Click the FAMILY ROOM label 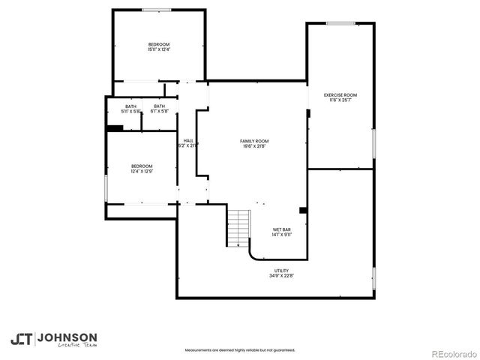[x=254, y=143]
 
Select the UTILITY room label [x=281, y=273]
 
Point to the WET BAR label [x=281, y=232]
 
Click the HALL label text [x=188, y=143]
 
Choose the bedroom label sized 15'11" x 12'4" [x=158, y=47]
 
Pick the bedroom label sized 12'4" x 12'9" [x=142, y=169]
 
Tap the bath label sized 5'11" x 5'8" [x=131, y=109]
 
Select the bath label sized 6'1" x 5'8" [x=159, y=109]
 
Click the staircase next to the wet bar [x=238, y=228]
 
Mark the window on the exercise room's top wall [x=340, y=23]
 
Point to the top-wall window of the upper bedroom [x=157, y=10]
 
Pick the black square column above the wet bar [x=303, y=210]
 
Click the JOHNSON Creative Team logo [x=52, y=339]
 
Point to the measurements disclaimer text [x=240, y=349]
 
